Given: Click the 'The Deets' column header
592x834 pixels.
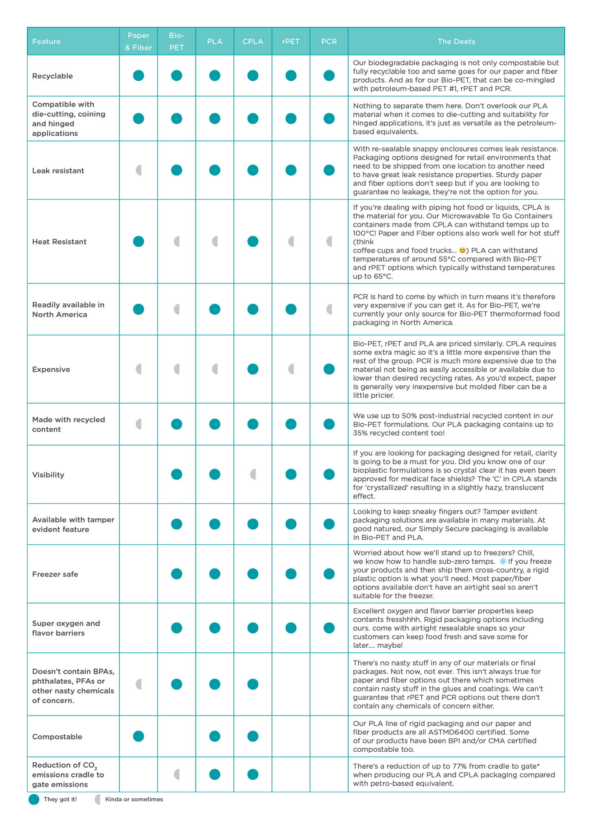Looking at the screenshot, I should (456, 42).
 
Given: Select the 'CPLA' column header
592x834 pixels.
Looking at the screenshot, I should (253, 42).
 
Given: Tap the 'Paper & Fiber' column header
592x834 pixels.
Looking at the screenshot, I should (139, 42).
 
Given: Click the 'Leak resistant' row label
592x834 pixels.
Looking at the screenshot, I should (58, 171).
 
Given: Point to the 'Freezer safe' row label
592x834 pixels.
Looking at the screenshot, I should (55, 574).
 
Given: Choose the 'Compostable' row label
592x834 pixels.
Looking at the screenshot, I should (57, 737).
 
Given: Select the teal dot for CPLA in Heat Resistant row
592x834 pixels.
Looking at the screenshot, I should (253, 241).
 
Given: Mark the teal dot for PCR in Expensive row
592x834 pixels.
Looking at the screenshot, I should (329, 369).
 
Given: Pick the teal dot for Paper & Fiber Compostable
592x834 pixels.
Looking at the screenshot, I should (139, 736).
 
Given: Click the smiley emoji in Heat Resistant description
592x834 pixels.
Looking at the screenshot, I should (462, 250).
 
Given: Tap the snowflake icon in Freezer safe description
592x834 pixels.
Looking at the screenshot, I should (503, 562).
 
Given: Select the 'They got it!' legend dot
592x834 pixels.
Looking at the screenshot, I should (34, 799).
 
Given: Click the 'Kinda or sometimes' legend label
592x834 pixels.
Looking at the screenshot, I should (134, 799).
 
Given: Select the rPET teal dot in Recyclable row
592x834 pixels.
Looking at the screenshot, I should (291, 76).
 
